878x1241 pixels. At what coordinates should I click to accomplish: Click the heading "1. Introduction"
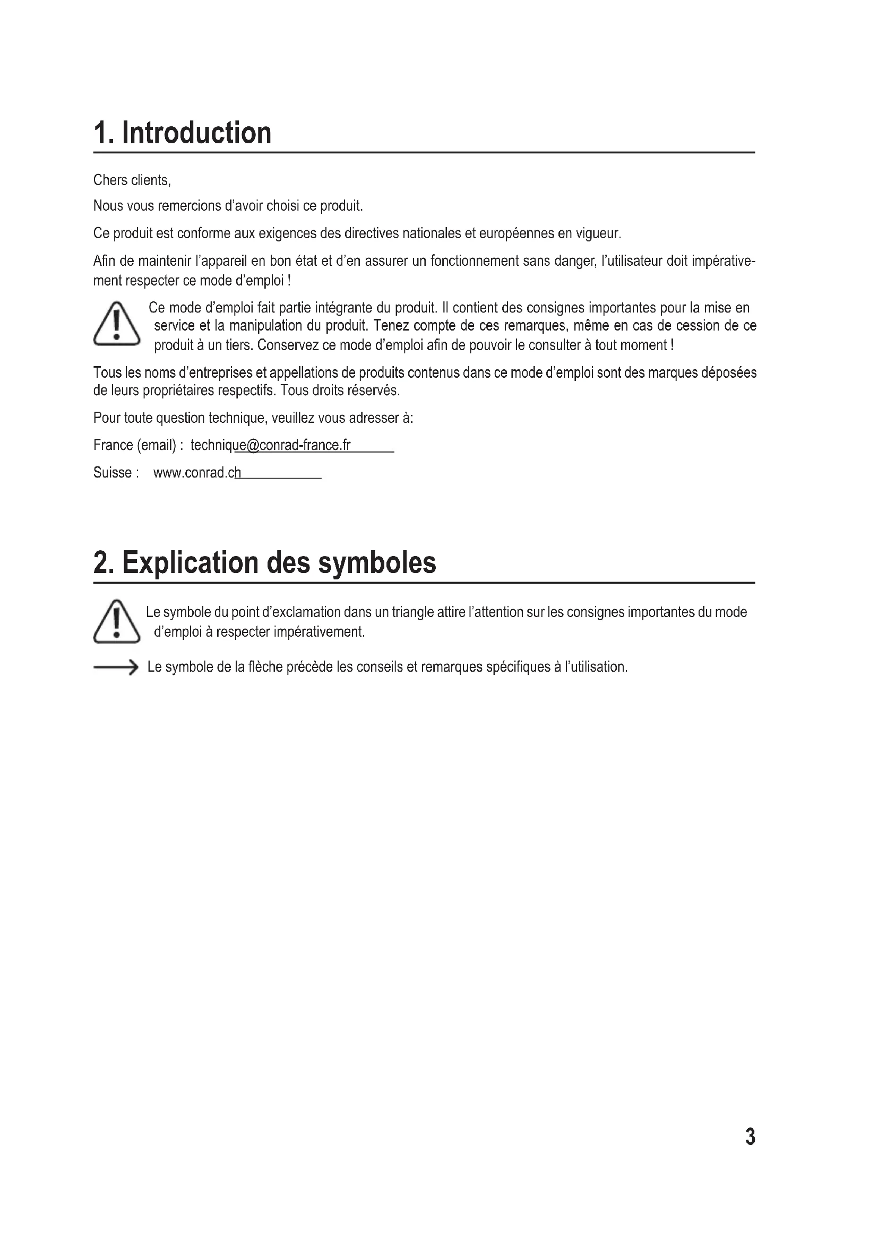182,133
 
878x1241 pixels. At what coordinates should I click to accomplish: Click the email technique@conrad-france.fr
270,445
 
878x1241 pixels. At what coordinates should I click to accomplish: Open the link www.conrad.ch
197,473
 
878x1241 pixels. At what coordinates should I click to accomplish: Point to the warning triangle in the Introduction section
116,324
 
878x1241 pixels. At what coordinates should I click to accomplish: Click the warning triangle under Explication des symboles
116,622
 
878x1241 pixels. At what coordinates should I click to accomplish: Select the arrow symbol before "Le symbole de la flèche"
116,668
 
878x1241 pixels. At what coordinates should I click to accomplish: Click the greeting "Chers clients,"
132,180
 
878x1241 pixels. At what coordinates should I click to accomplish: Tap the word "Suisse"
113,473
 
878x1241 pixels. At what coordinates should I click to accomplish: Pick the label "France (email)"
135,445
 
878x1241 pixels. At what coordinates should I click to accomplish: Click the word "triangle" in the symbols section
414,612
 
